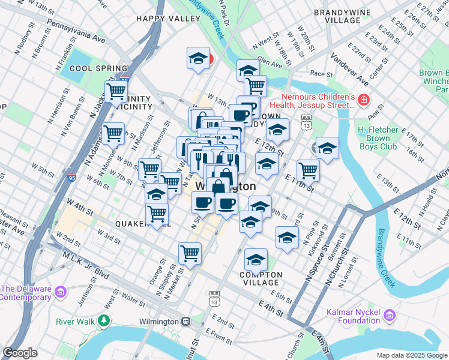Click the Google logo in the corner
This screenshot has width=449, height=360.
click(20, 353)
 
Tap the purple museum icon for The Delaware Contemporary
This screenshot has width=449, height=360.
click(59, 292)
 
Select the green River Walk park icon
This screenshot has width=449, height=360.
click(105, 321)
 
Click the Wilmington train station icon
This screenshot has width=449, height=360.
click(187, 321)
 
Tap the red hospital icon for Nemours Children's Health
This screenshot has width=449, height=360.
click(363, 99)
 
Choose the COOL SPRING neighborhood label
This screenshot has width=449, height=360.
click(98, 69)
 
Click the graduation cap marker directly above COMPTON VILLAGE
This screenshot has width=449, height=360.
click(256, 260)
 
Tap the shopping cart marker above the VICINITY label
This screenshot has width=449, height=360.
click(116, 92)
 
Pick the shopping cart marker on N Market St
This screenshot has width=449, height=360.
click(190, 253)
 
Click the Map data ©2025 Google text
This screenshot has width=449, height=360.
click(411, 355)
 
